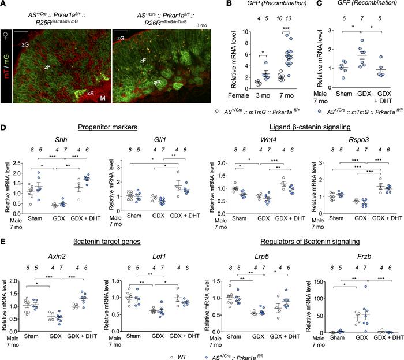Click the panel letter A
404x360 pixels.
coord(4,5)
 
